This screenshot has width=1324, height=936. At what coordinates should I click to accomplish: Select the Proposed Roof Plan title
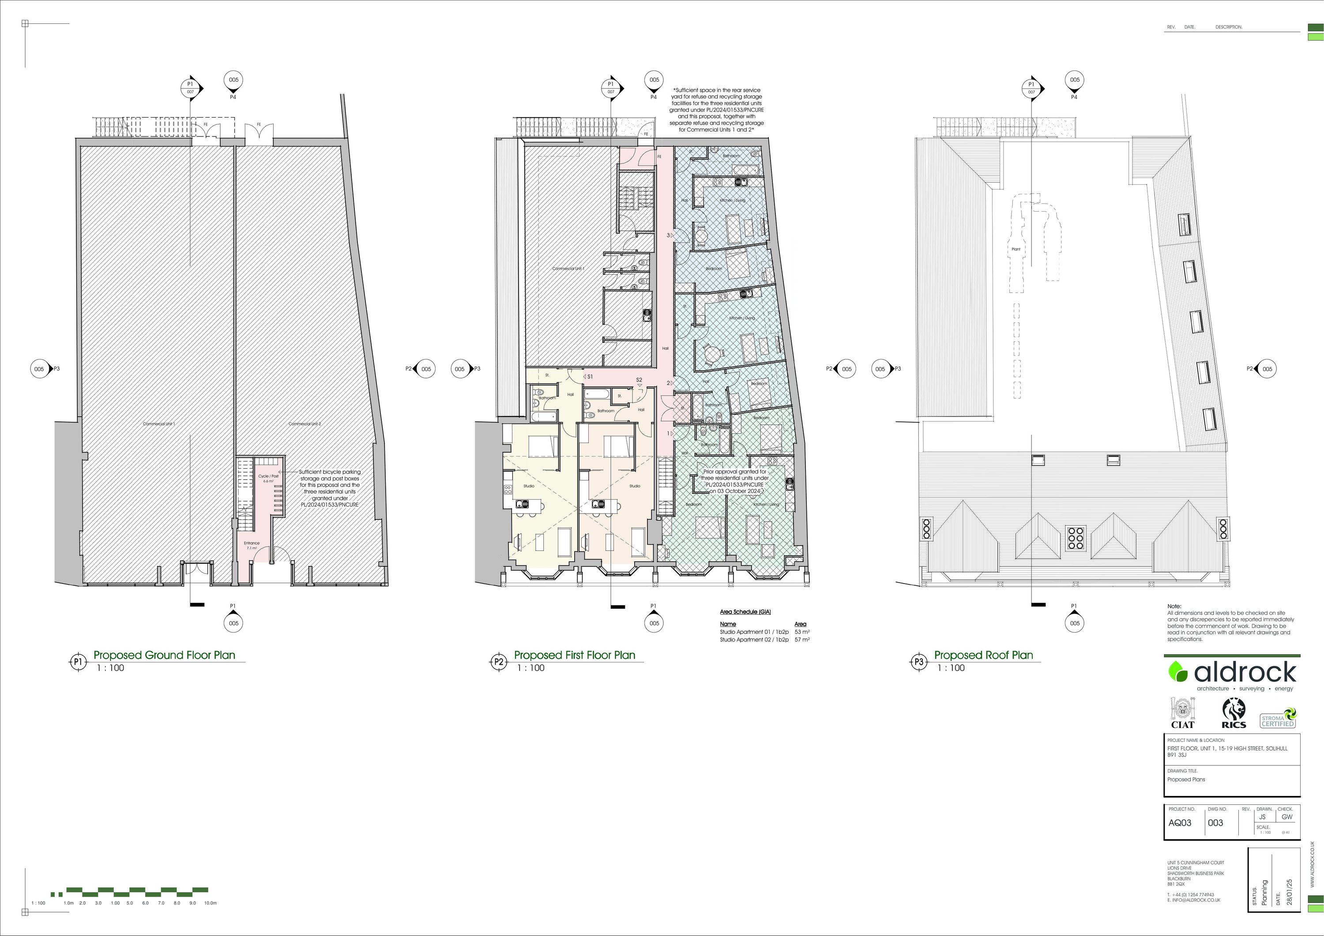click(983, 655)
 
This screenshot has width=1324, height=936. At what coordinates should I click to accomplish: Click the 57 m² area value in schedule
click(801, 640)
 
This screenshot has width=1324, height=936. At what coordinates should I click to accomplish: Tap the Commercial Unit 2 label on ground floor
click(305, 424)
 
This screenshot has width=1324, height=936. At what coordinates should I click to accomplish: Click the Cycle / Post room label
click(268, 476)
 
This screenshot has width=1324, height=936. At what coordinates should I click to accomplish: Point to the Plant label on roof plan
click(1016, 249)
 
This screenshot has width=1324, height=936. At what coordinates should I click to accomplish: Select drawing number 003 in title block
click(1215, 823)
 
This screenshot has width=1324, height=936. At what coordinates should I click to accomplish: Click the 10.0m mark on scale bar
click(210, 902)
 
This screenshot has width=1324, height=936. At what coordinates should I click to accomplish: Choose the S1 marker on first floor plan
click(589, 377)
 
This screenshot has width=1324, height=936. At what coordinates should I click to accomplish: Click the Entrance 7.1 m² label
click(252, 546)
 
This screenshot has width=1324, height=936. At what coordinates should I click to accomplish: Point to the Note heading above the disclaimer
click(1174, 606)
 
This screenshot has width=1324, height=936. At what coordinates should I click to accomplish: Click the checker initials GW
click(1287, 817)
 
